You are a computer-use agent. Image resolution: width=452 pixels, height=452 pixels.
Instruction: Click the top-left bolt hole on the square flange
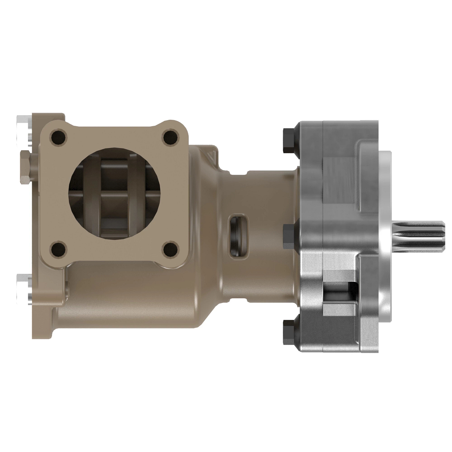[x=58, y=136]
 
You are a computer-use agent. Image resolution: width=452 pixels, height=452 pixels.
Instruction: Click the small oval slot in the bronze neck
[x=238, y=235]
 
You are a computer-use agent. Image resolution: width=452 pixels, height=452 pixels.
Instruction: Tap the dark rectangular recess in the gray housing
[x=339, y=292]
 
